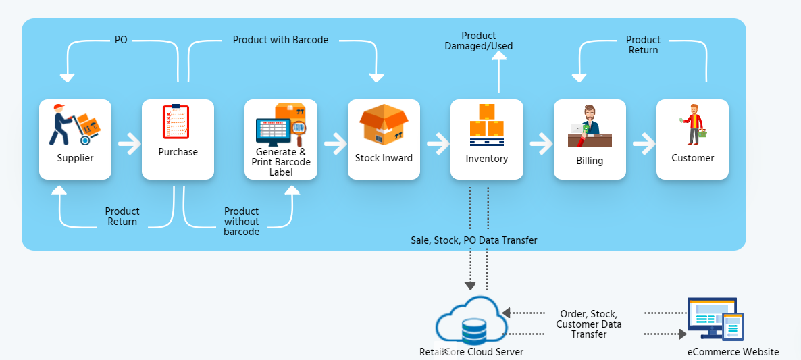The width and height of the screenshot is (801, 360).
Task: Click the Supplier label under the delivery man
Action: coord(75,158)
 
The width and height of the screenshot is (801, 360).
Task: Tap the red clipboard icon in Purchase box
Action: coord(176,122)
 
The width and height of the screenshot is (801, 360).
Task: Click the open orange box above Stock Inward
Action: coord(384,124)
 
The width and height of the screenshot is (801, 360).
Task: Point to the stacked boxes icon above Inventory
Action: coord(486,125)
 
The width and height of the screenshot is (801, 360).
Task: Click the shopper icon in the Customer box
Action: coord(693,125)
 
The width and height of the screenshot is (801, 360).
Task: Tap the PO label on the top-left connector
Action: coord(121,40)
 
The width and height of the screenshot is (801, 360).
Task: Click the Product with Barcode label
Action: coord(280,40)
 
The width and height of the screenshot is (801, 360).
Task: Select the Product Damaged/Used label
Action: coord(479,41)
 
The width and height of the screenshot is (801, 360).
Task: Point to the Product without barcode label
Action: coord(241,222)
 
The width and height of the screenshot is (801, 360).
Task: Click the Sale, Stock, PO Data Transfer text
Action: coord(474,240)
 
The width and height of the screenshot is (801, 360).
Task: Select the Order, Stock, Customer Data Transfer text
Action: coord(588,324)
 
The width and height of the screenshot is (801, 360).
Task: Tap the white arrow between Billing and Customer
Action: coord(642,143)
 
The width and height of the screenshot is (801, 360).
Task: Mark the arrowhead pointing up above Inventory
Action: coord(498,57)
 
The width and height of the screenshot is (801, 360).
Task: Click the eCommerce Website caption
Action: coord(733,352)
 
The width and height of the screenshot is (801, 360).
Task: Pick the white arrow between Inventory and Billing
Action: coord(540,143)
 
